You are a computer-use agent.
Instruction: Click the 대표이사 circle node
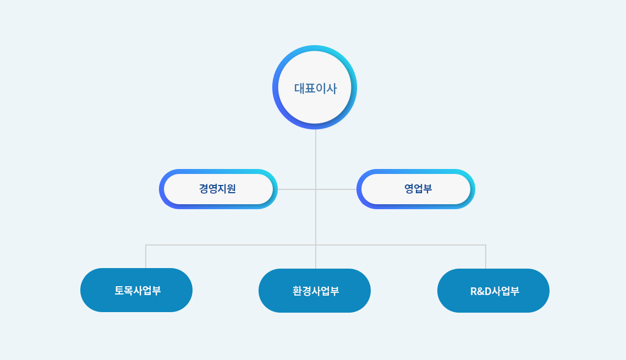315,87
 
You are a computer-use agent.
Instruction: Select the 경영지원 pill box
218,189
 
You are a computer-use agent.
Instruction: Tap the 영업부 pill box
416,189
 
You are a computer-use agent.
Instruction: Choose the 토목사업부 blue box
136,290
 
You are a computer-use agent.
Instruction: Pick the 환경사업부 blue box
315,291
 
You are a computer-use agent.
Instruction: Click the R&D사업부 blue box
493,291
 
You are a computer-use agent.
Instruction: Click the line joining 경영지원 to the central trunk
296,189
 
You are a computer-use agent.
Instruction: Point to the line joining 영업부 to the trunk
336,189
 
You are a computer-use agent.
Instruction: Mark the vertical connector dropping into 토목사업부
146,257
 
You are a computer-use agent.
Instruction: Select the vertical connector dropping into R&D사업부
486,257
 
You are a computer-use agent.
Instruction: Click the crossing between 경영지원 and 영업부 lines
316,189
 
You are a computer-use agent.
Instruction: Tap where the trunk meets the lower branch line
316,245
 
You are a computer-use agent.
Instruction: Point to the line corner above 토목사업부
146,245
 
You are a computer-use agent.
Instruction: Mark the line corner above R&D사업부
486,245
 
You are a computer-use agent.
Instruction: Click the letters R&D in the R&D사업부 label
481,291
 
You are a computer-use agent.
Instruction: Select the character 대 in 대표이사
299,88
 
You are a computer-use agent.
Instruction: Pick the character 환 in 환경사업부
298,291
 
